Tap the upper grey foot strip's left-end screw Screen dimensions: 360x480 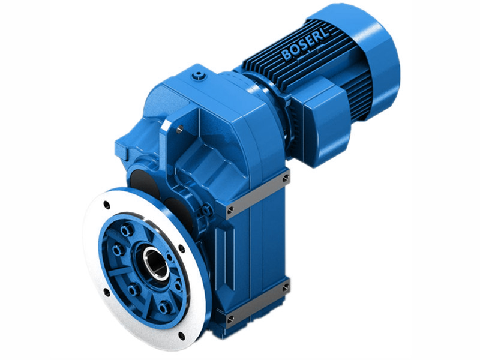tap(231, 209)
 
